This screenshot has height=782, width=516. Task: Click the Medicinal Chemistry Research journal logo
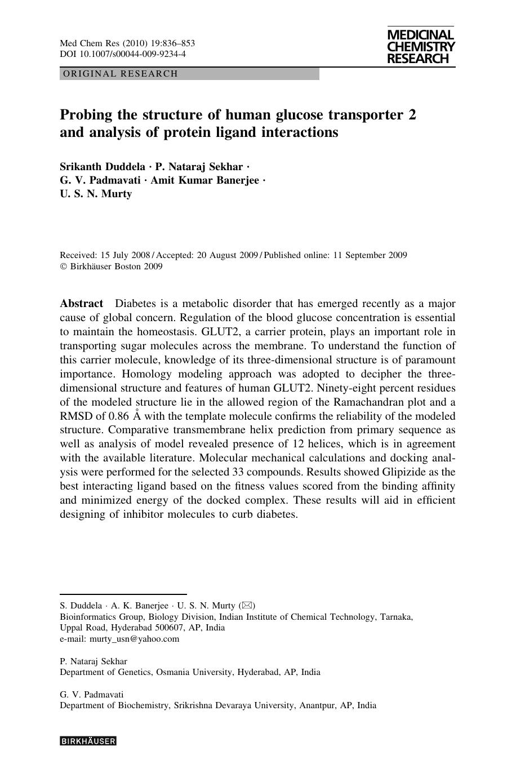click(x=421, y=47)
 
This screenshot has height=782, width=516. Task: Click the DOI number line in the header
click(x=123, y=54)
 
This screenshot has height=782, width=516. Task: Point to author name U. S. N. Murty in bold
click(x=96, y=194)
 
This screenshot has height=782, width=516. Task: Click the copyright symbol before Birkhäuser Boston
click(x=63, y=266)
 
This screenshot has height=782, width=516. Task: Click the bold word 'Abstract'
click(x=82, y=304)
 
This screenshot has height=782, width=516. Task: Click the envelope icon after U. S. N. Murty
click(x=246, y=606)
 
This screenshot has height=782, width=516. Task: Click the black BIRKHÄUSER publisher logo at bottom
click(x=88, y=741)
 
